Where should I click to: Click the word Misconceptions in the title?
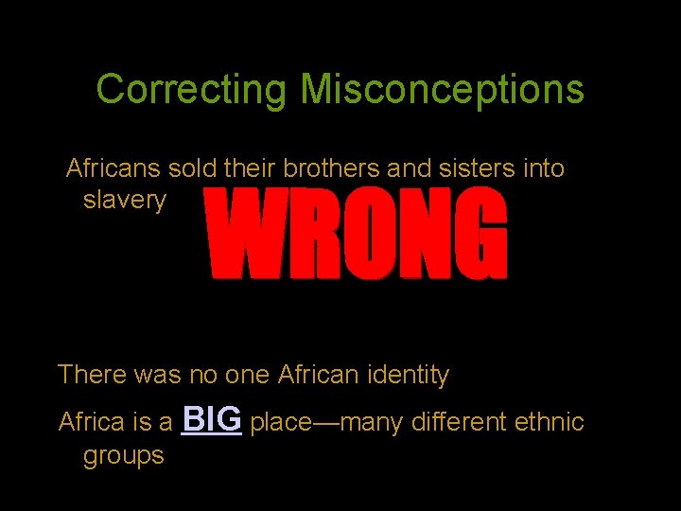click(x=442, y=91)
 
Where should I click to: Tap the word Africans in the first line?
click(x=113, y=169)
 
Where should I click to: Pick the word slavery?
click(x=124, y=201)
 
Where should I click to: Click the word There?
click(x=92, y=375)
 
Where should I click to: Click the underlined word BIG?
click(x=212, y=419)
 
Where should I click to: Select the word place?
click(x=281, y=422)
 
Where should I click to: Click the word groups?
click(x=123, y=456)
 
